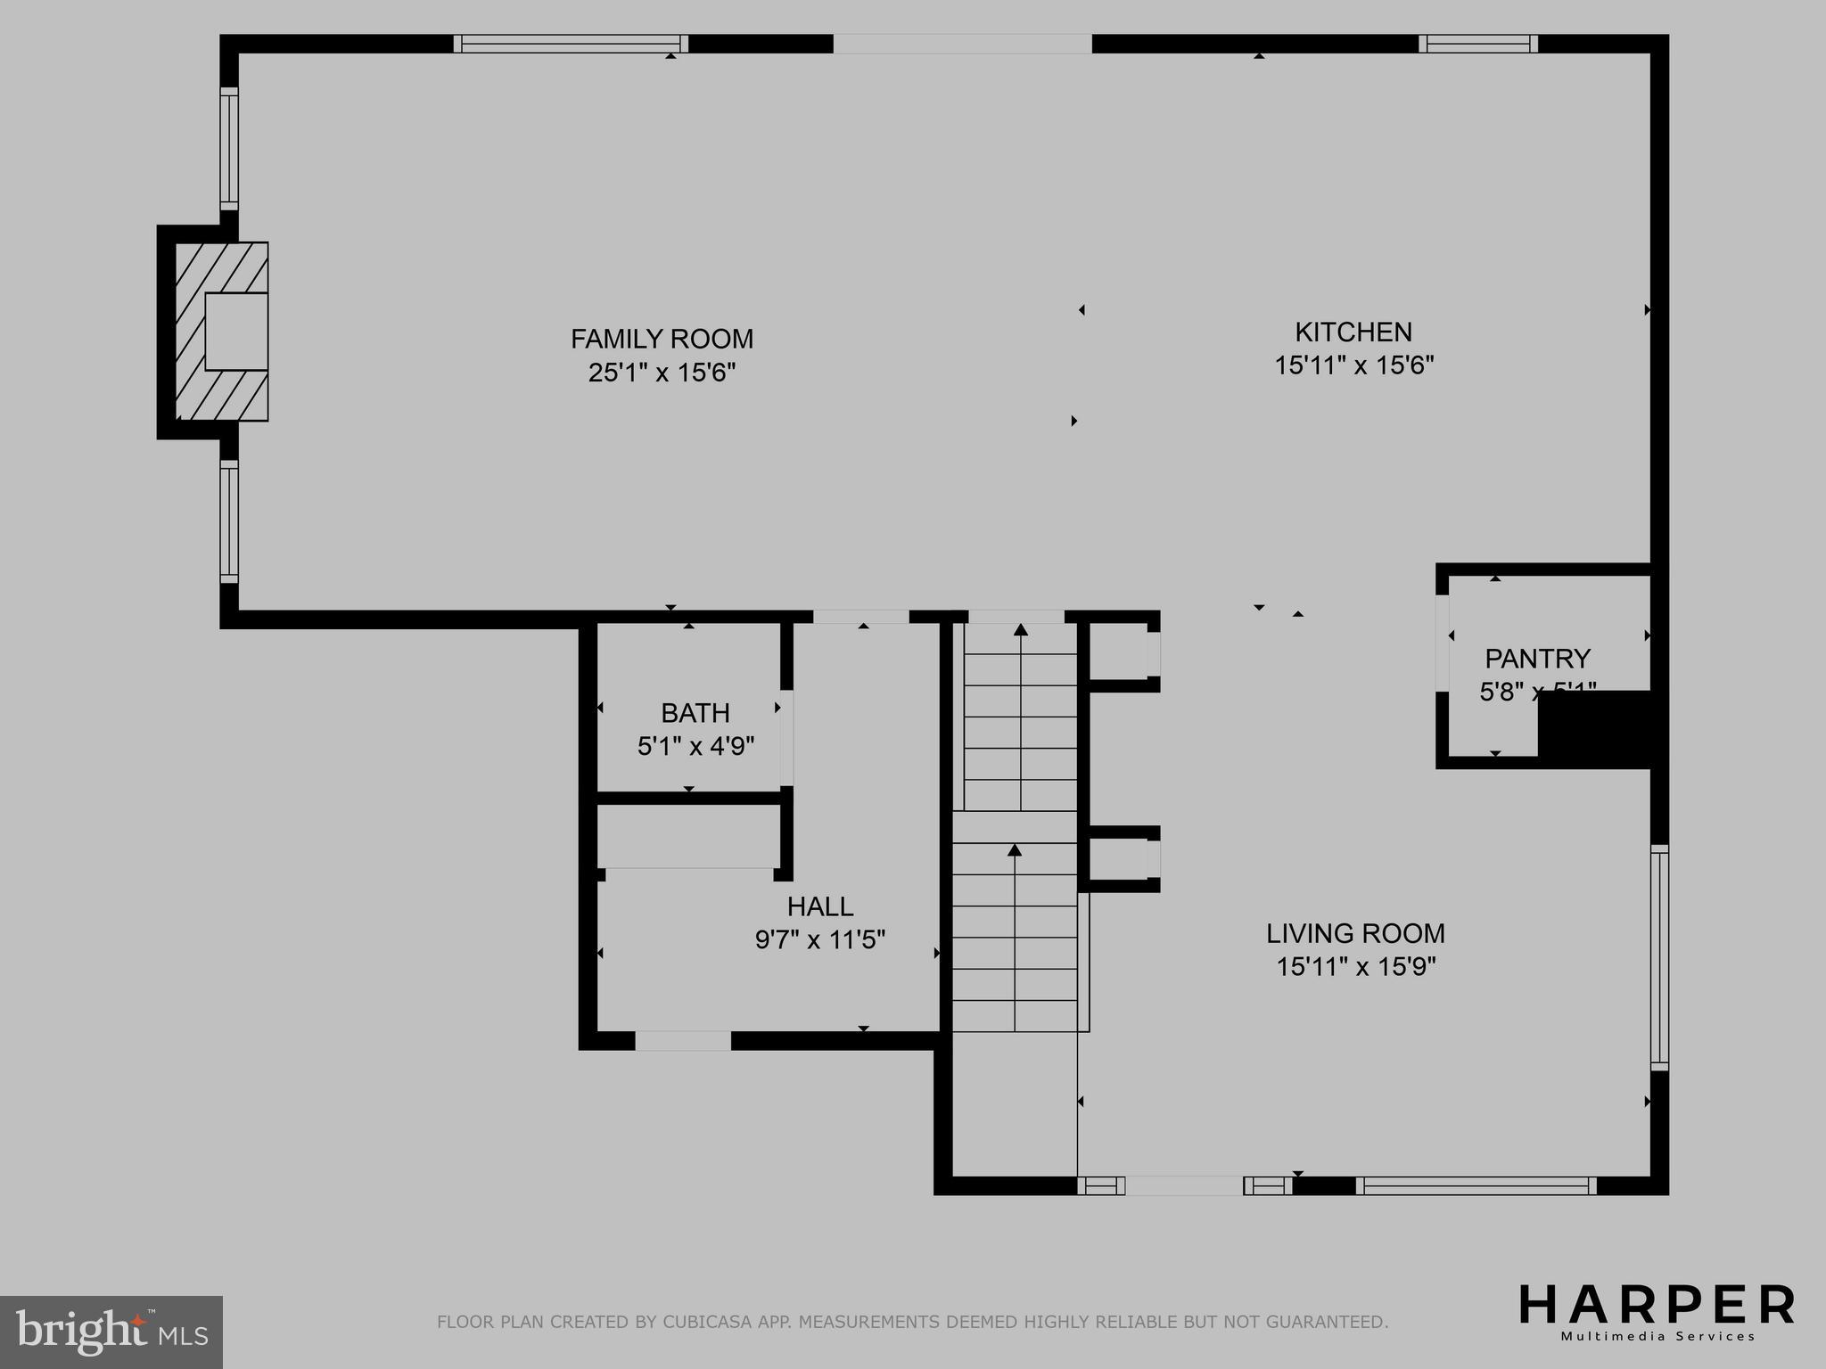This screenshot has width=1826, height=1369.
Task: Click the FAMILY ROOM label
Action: click(x=662, y=339)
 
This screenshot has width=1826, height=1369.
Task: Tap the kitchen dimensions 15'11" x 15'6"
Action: click(x=1353, y=365)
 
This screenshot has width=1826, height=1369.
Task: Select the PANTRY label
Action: click(x=1537, y=659)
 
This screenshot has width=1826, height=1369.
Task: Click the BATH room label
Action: click(x=695, y=713)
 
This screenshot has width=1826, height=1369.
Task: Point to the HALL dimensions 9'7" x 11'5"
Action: click(x=819, y=940)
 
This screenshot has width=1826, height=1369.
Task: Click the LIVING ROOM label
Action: click(x=1355, y=933)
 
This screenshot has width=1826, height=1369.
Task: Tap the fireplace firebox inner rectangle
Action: click(x=236, y=331)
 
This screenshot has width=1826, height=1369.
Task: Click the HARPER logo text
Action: click(x=1657, y=1305)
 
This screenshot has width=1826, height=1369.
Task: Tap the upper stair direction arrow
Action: click(x=1021, y=630)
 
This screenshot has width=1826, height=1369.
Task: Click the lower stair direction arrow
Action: click(x=1015, y=849)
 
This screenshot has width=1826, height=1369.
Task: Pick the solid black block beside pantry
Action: click(x=1596, y=728)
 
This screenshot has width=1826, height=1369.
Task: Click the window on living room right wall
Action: click(x=1659, y=957)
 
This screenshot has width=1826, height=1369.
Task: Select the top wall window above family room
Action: click(x=571, y=44)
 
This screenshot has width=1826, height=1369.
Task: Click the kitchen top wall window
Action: click(x=1478, y=44)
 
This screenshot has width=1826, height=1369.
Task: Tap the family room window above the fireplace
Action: click(x=229, y=148)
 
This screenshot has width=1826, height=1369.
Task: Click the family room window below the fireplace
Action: click(x=229, y=521)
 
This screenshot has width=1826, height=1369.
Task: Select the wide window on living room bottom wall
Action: click(x=1476, y=1185)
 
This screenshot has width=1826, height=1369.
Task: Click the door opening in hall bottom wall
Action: click(x=683, y=1040)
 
